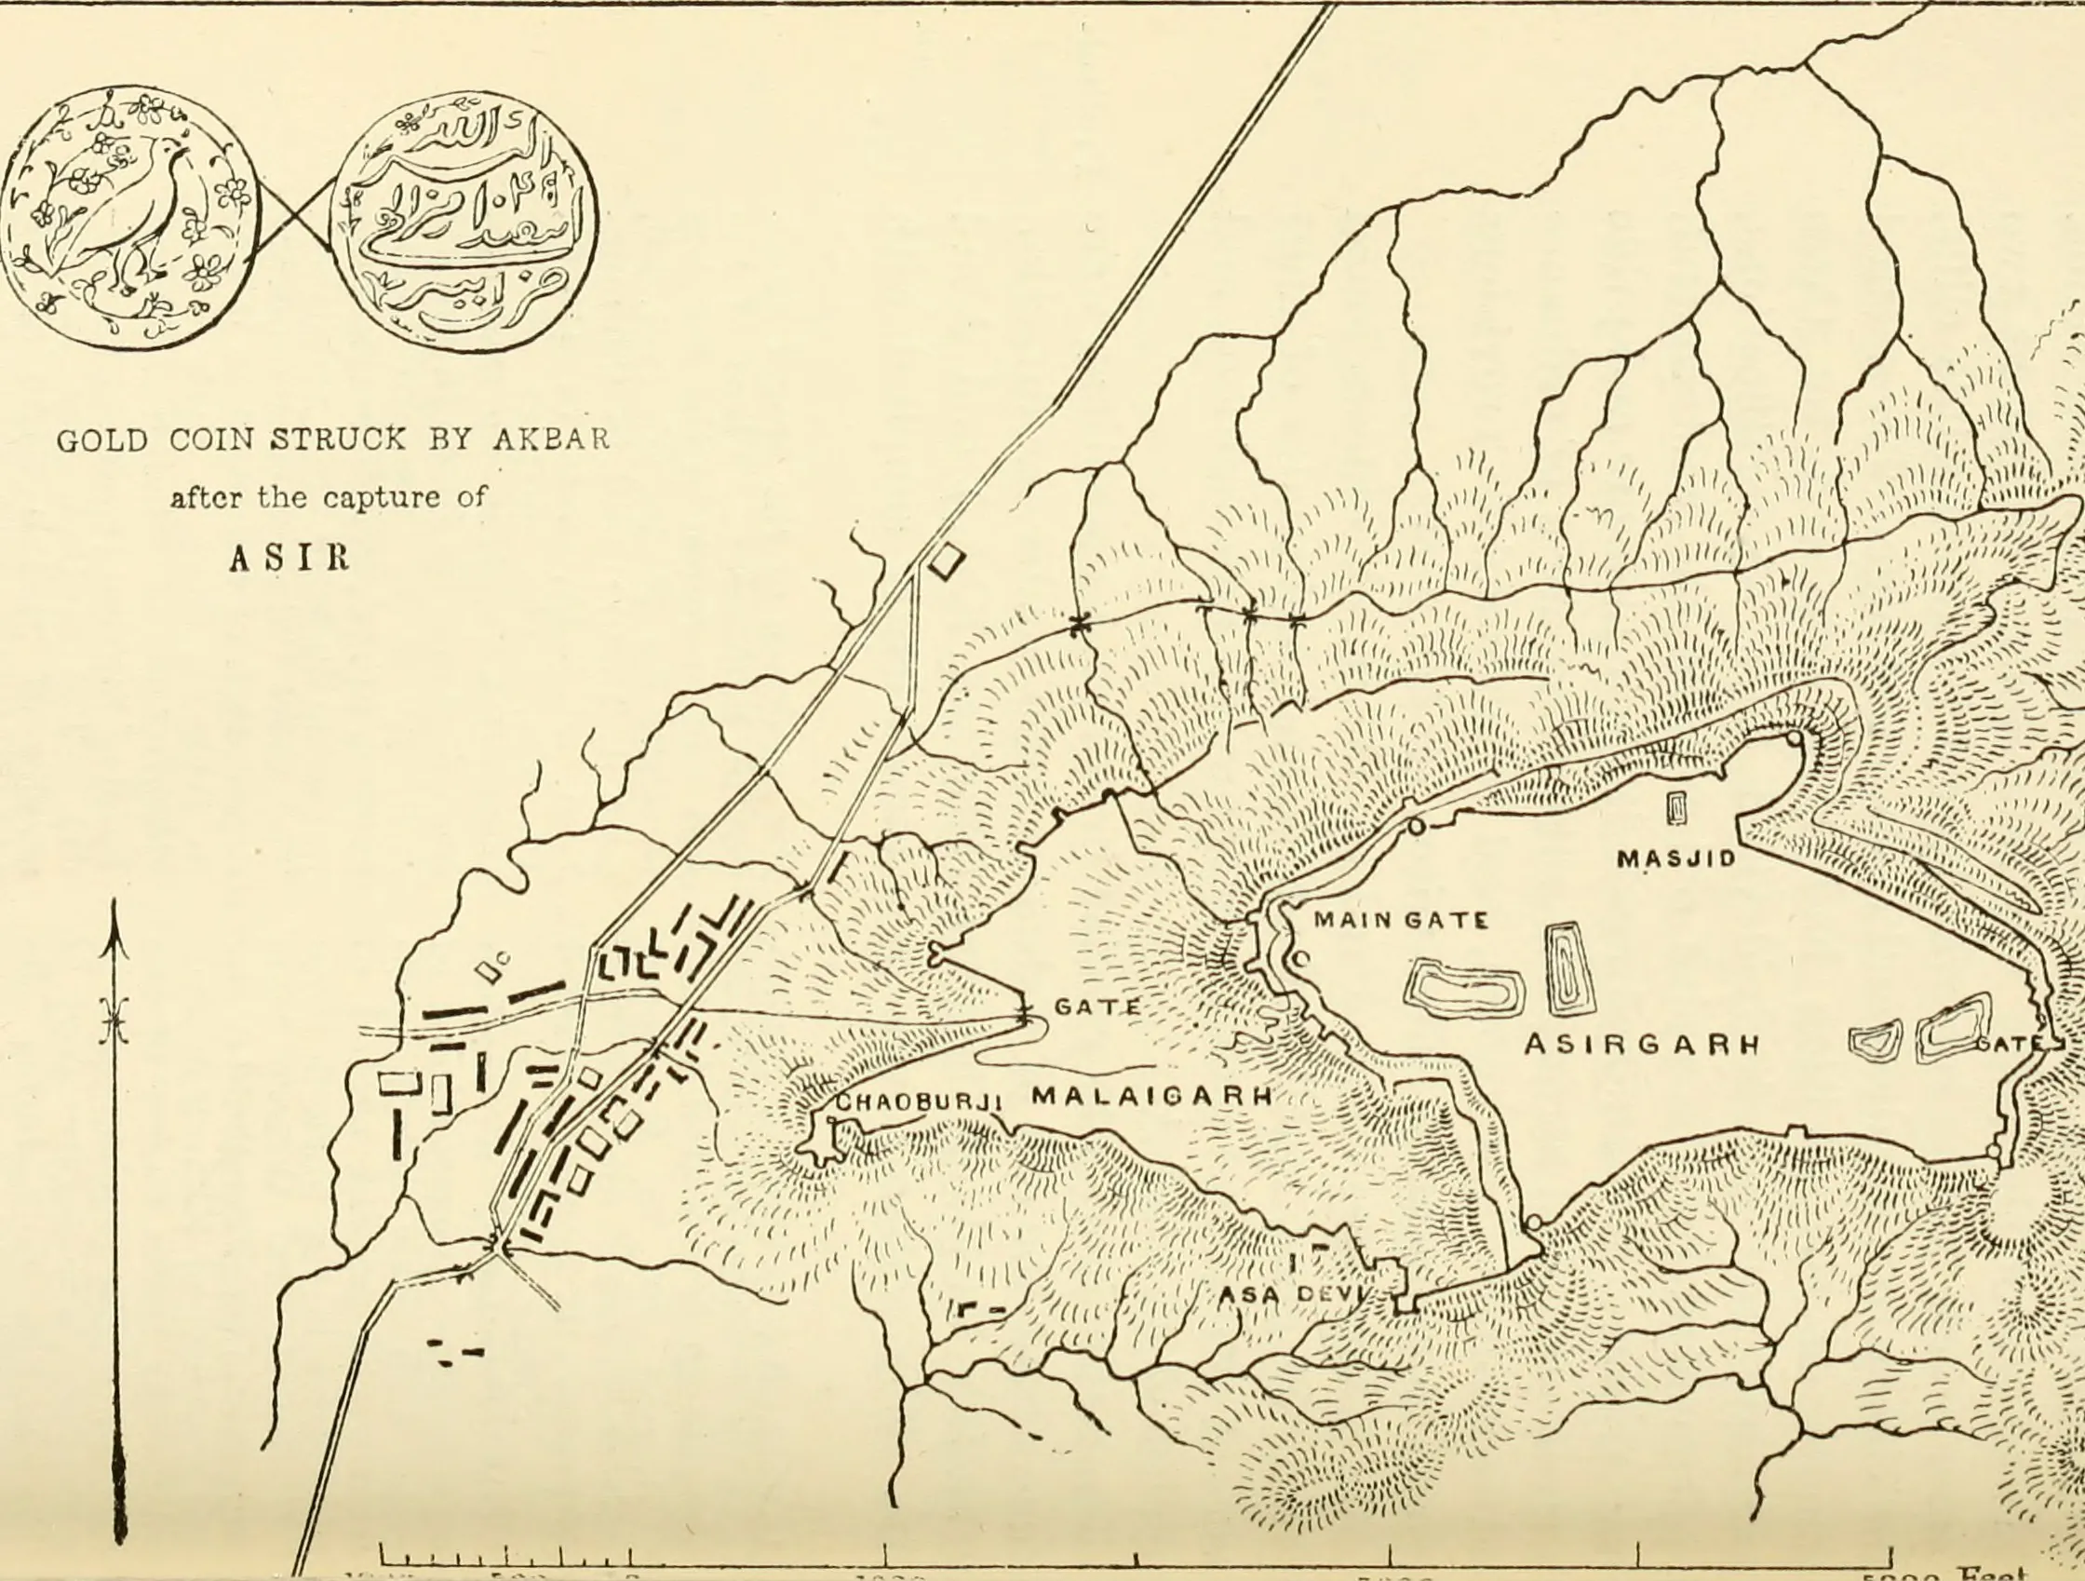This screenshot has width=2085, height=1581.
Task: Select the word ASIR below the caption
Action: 289,558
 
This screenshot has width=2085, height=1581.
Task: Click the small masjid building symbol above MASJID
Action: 1676,808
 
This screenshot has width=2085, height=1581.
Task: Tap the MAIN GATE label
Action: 1401,920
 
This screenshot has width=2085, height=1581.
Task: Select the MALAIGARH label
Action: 1151,1096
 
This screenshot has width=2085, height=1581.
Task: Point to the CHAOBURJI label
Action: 918,1101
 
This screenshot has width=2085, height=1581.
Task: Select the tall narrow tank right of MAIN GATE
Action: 1564,969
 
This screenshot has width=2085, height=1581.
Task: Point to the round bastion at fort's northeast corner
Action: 1794,737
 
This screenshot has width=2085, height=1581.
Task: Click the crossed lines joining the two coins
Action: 295,215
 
